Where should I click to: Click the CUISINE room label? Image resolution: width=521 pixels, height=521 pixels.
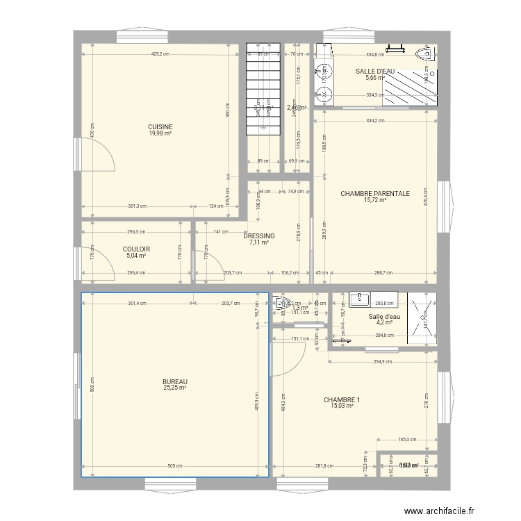160,126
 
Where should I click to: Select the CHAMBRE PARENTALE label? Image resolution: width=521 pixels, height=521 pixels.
374,194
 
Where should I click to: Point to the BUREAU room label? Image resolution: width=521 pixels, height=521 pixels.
175,381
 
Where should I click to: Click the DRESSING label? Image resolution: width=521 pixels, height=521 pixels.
258,236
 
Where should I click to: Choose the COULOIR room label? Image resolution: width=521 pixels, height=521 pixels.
136,249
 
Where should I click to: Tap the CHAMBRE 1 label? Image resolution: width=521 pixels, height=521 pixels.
342,399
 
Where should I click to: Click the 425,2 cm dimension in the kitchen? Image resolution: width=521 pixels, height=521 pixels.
157,54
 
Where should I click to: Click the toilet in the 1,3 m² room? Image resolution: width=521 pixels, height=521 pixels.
282,302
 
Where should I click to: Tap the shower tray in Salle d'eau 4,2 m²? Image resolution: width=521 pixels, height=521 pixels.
421,317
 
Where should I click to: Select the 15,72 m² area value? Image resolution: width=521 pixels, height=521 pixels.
374,201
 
